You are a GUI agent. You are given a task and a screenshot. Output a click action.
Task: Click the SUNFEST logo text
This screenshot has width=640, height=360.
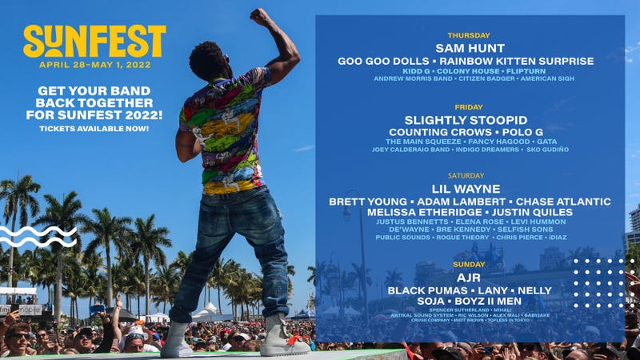click(94, 42)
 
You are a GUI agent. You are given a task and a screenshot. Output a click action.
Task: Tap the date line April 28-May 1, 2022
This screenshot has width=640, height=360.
click(94, 65)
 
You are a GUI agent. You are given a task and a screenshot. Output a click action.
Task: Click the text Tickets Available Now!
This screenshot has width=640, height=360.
click(94, 129)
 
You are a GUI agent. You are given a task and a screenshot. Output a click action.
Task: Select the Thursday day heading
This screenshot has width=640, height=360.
click(469, 35)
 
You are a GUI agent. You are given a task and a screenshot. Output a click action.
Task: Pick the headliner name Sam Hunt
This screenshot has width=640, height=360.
click(469, 47)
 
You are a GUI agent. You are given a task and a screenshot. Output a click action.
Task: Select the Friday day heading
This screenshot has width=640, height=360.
click(469, 107)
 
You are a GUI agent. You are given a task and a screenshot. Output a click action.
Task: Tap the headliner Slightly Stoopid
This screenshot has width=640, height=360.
click(469, 119)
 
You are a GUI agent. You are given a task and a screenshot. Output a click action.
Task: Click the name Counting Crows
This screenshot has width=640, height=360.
click(438, 131)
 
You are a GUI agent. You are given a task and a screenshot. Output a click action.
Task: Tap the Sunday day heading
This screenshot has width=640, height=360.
click(469, 263)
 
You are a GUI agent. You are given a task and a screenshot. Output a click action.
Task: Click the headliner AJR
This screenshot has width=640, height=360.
click(469, 276)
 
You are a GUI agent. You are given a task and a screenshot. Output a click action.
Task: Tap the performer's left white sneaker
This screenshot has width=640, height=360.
click(177, 340)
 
